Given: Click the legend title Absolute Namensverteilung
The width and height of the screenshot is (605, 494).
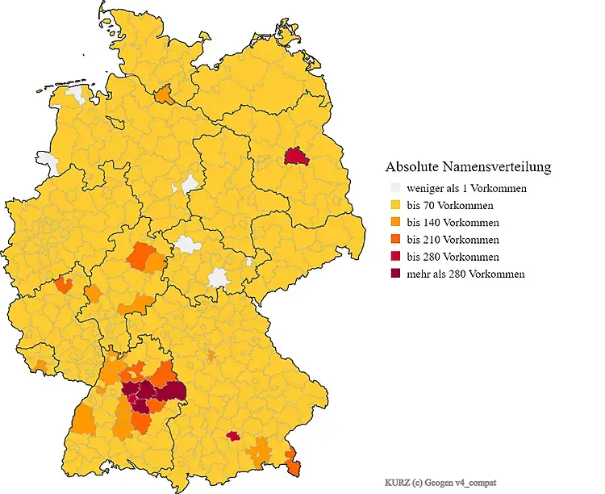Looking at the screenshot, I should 468,167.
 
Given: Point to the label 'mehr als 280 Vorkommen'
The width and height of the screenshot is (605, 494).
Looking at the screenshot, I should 465,274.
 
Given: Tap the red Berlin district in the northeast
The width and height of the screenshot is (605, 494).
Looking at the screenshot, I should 297,156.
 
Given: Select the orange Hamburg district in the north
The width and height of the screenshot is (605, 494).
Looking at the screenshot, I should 164,95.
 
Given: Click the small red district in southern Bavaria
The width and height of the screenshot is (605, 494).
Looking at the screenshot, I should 233,436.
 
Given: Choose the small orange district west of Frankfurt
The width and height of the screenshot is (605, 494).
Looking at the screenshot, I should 63,284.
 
